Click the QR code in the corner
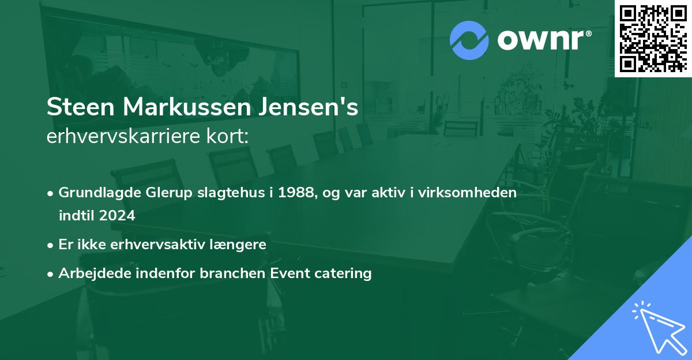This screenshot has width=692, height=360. (x=653, y=38)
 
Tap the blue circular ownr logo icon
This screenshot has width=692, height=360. (x=469, y=40)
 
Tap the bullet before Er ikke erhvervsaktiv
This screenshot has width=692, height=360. (x=51, y=245)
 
